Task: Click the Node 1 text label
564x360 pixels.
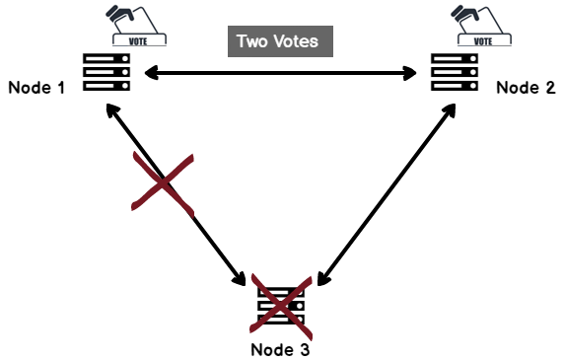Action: pos(36,88)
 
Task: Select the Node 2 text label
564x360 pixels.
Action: pos(525,87)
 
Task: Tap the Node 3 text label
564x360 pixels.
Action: pos(285,348)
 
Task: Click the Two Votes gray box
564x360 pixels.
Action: pos(281,41)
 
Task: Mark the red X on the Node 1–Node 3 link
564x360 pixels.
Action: pos(163,182)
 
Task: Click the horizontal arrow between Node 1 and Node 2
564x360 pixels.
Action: pos(281,72)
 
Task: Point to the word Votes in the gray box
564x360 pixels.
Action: pos(298,41)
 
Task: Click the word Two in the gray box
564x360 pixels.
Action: pos(252,41)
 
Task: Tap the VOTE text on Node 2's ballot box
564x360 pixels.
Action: pos(483,41)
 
